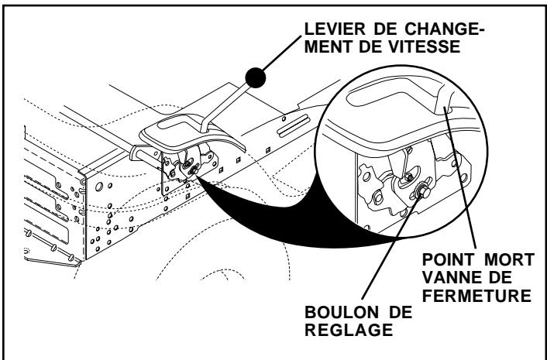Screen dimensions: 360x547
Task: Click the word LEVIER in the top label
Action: click(x=318, y=28)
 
